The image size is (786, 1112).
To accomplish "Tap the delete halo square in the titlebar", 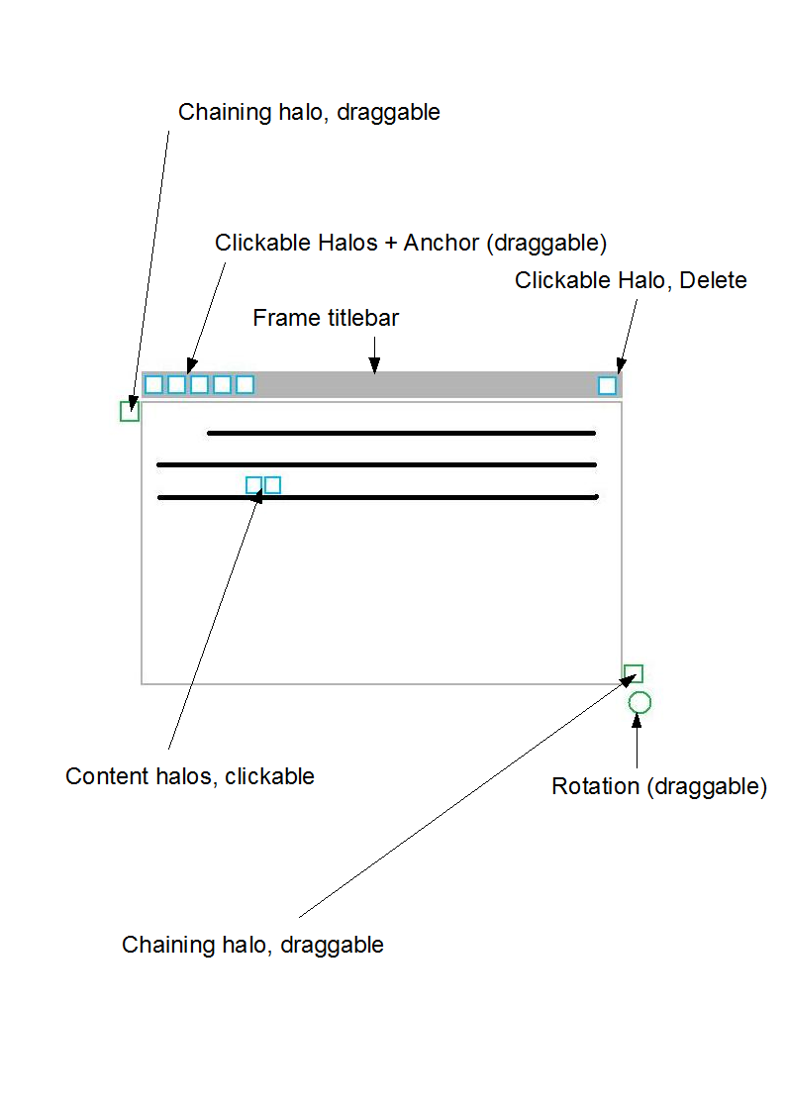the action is click(608, 377).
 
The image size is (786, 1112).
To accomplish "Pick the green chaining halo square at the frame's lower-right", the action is click(634, 666).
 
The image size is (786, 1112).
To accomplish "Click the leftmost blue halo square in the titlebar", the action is click(153, 376).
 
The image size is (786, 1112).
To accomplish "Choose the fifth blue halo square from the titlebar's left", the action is click(245, 376).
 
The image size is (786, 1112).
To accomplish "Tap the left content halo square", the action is click(253, 478).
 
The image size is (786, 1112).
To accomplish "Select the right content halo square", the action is click(272, 478).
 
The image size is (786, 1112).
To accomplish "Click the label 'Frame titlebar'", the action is click(326, 318).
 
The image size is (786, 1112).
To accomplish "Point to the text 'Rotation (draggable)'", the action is click(659, 786).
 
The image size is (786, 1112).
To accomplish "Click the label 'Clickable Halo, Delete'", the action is click(631, 280).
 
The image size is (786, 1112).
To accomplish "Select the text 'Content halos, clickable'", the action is click(190, 776).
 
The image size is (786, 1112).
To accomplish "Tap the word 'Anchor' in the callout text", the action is click(442, 243).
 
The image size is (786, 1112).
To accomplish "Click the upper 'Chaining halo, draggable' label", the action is click(309, 112).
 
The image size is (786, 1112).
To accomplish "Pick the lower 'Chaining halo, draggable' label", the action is click(252, 945).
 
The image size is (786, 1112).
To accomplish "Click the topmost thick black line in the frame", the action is click(401, 433).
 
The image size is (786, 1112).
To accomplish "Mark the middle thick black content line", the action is click(376, 464).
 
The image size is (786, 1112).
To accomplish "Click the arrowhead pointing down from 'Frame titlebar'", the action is click(375, 365).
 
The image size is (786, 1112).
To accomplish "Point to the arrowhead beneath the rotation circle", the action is click(637, 721).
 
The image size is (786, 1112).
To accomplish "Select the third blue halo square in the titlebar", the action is click(199, 376).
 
